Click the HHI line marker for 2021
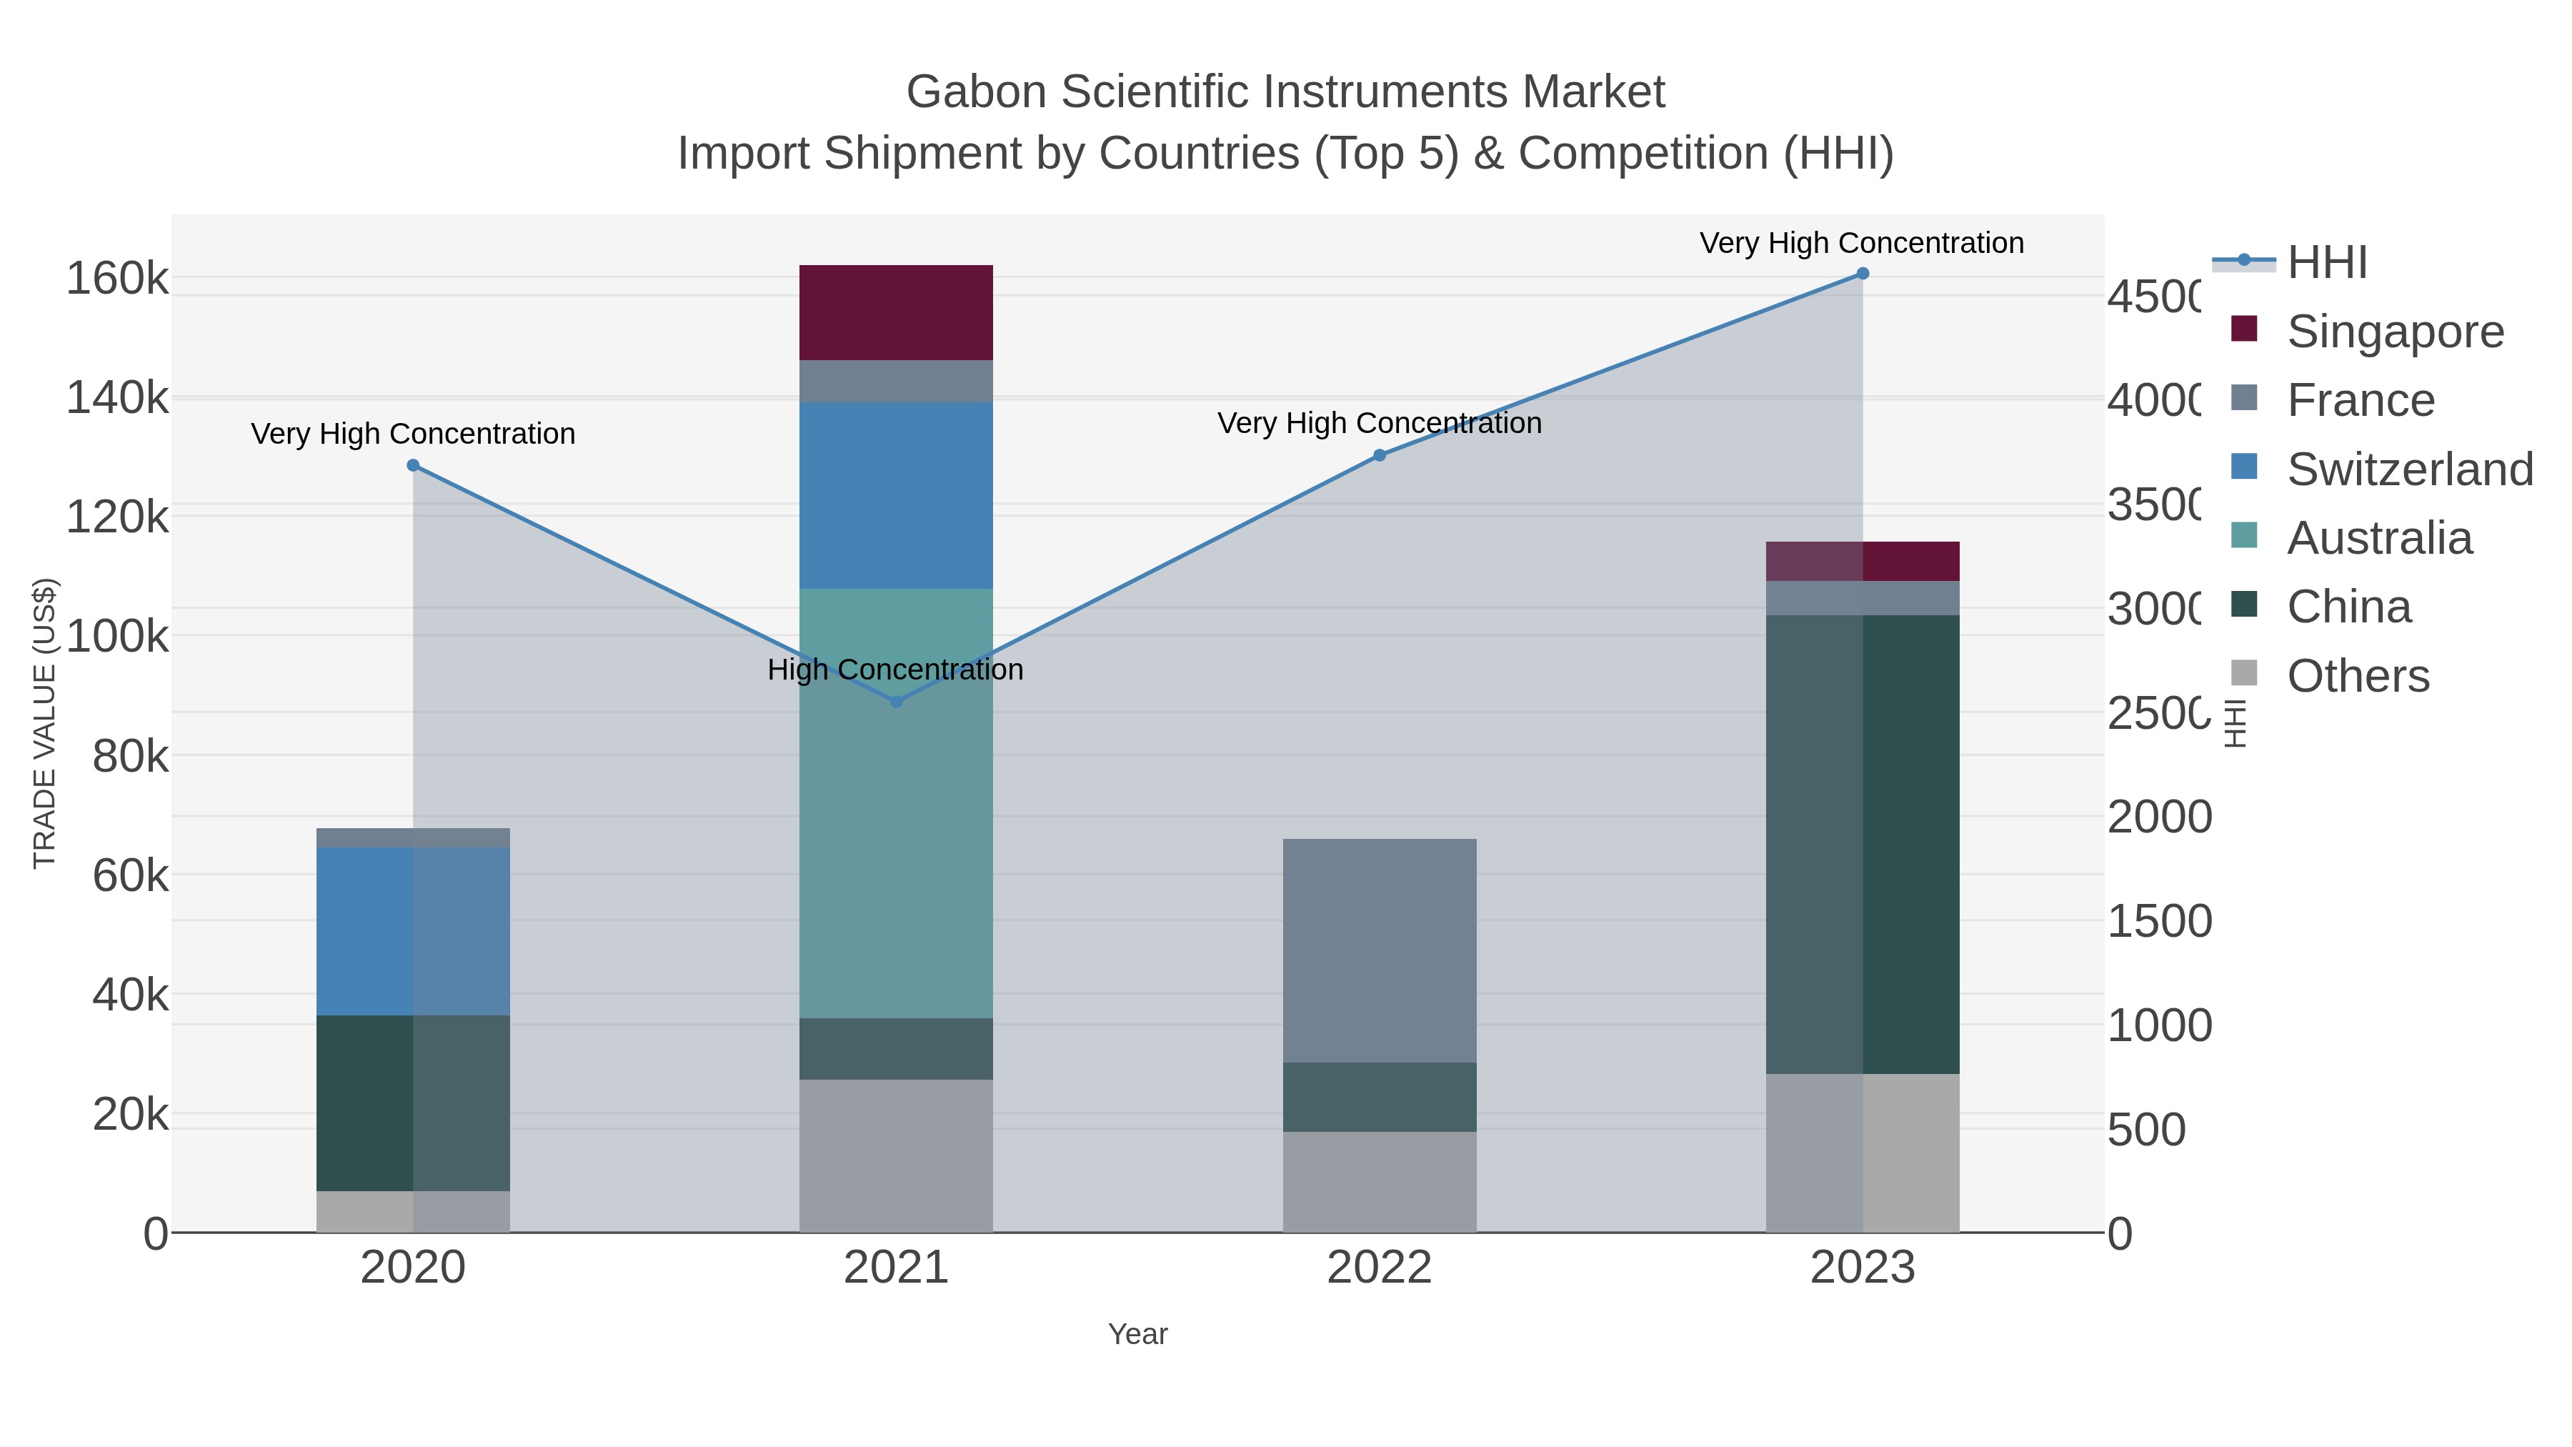[x=896, y=702]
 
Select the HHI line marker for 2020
[x=414, y=465]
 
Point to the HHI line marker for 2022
[x=1379, y=455]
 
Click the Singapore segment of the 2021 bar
[x=896, y=312]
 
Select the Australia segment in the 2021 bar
[x=896, y=803]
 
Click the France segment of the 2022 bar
[x=1379, y=950]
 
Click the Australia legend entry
[x=2378, y=538]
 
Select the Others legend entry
[x=2358, y=676]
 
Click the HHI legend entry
[x=2326, y=263]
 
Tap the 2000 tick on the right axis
[x=2158, y=817]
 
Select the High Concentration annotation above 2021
[x=896, y=669]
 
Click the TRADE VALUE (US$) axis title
[x=45, y=723]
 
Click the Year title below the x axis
[x=1137, y=1334]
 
